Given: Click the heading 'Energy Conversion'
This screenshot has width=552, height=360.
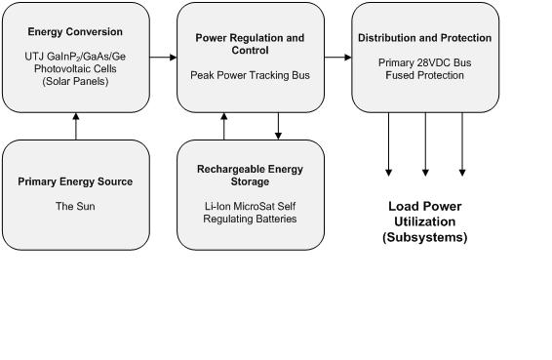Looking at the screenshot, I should pyautogui.click(x=76, y=32).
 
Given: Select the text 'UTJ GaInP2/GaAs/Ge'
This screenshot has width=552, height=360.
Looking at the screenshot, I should pyautogui.click(x=76, y=58).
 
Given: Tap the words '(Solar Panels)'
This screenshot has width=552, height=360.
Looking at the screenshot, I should pyautogui.click(x=76, y=81).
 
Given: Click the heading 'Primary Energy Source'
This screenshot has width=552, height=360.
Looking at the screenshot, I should pyautogui.click(x=75, y=181).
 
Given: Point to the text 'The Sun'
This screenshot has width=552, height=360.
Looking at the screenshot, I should pyautogui.click(x=75, y=206).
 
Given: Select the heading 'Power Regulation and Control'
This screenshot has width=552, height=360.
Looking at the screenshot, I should pyautogui.click(x=250, y=44).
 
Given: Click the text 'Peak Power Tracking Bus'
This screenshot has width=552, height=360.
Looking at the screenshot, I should pyautogui.click(x=250, y=75).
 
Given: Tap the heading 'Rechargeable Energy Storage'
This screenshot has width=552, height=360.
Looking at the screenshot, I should pyautogui.click(x=250, y=176).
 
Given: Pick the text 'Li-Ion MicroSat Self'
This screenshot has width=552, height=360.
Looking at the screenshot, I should pyautogui.click(x=250, y=206).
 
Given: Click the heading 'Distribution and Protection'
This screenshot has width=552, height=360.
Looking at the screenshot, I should pyautogui.click(x=424, y=38).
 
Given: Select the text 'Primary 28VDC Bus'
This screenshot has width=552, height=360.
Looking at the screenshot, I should pyautogui.click(x=424, y=62).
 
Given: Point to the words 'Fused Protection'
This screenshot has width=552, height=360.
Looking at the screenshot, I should pyautogui.click(x=424, y=75).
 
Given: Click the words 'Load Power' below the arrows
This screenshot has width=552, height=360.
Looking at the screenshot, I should pyautogui.click(x=424, y=207).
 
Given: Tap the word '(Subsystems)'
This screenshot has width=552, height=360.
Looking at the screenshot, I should pyautogui.click(x=424, y=237).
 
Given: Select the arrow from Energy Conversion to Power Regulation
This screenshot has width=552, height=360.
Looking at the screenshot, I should pyautogui.click(x=163, y=58).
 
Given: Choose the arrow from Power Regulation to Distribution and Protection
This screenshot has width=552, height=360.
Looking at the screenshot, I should pyautogui.click(x=337, y=58).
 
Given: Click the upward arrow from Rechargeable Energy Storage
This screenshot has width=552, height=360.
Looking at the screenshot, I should pyautogui.click(x=224, y=125).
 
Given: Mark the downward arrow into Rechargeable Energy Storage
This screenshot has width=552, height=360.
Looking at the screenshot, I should pyautogui.click(x=278, y=125).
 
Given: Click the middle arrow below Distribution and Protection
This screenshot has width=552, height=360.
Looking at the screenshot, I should pyautogui.click(x=425, y=144).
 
